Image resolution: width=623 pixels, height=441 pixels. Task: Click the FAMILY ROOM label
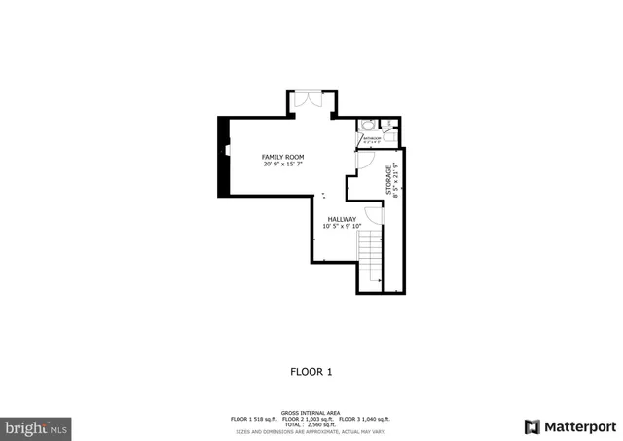[x=283, y=157]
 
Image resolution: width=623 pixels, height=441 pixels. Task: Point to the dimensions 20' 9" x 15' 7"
[x=283, y=165]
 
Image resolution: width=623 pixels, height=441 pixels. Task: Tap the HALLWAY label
[x=342, y=219]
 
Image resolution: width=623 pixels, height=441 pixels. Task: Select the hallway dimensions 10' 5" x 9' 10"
[x=342, y=227]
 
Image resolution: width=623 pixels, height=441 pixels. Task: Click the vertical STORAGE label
[x=388, y=181]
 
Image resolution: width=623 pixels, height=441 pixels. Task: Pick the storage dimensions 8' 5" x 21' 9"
[x=396, y=181]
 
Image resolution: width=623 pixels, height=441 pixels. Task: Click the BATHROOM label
[x=370, y=138]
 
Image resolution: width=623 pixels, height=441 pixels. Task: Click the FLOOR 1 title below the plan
[x=311, y=371]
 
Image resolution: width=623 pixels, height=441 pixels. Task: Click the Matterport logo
[x=569, y=426]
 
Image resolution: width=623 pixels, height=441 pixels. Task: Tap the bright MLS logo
[x=37, y=427]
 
